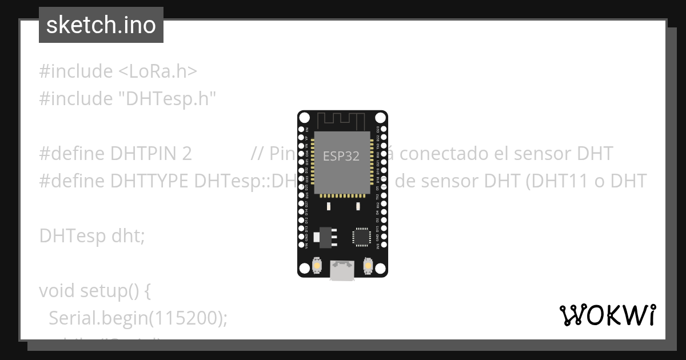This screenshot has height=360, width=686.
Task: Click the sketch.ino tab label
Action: [x=101, y=25]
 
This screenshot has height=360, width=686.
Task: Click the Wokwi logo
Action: [x=607, y=315]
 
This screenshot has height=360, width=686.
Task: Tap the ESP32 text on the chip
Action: [x=341, y=156]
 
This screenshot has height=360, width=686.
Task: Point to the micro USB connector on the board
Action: [x=342, y=270]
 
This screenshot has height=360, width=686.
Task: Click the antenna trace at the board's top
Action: [x=341, y=121]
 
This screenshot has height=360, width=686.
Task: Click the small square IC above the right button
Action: [x=361, y=237]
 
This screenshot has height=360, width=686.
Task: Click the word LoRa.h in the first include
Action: [x=157, y=71]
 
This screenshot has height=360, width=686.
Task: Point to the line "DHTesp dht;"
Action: [x=91, y=235]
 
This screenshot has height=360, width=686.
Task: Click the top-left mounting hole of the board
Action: [x=305, y=118]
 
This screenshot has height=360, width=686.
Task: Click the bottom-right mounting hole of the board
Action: [x=380, y=269]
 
